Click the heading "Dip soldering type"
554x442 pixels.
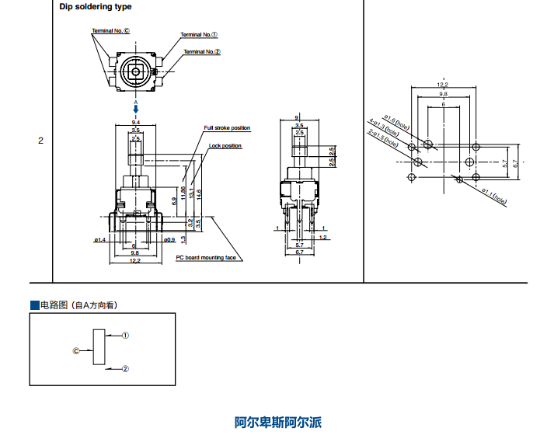[x=96, y=7]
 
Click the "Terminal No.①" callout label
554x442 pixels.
[x=199, y=35]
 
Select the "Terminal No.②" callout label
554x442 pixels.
[x=202, y=51]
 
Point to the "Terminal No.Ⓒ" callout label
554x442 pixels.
[x=111, y=31]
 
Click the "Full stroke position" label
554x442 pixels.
[x=227, y=127]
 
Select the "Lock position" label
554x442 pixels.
[x=225, y=146]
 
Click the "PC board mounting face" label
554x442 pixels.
[x=205, y=258]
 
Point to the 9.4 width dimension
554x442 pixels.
[x=136, y=123]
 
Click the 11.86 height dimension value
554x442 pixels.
[x=183, y=193]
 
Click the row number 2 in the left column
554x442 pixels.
[x=40, y=141]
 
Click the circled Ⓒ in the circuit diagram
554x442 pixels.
[x=76, y=350]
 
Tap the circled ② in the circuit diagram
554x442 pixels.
[x=125, y=368]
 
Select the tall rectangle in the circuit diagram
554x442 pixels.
[x=98, y=347]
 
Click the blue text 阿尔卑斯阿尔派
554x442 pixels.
[x=277, y=423]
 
